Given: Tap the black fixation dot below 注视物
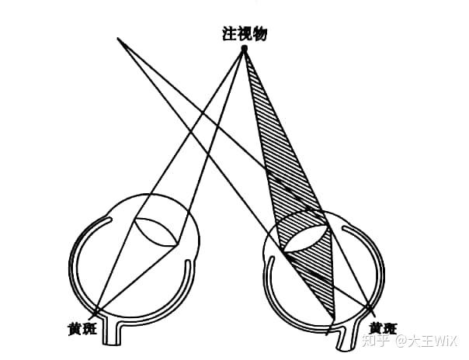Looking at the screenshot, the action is [244, 49].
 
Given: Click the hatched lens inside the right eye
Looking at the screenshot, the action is [305, 232].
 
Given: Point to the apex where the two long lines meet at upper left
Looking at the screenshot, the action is [118, 38].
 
